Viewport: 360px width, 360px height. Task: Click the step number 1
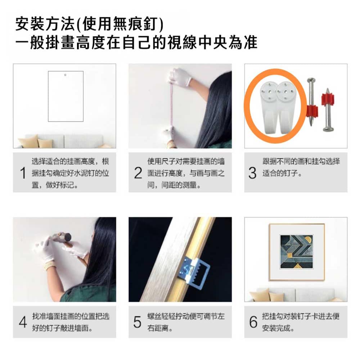click(x=23, y=173)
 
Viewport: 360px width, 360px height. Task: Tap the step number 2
click(x=138, y=173)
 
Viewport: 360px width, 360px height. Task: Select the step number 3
click(x=252, y=173)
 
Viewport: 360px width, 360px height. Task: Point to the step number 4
click(x=23, y=321)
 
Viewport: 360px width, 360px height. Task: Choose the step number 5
click(x=137, y=321)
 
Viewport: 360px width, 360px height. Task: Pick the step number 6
click(x=253, y=321)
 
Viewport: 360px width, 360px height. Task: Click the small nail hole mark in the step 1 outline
click(x=65, y=75)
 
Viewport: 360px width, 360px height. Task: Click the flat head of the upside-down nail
click(x=328, y=129)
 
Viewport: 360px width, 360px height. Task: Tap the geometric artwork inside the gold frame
click(x=296, y=252)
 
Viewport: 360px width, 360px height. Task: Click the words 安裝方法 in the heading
click(x=45, y=24)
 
